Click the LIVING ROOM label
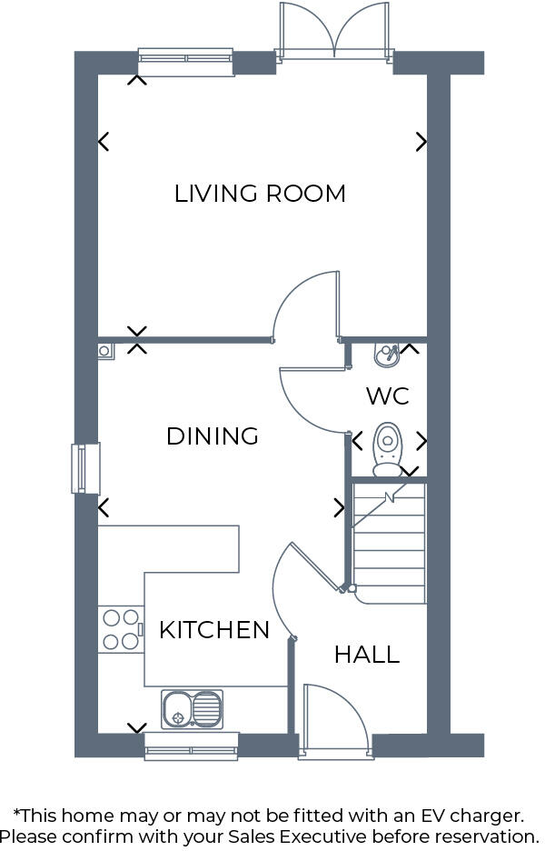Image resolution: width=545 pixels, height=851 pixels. pyautogui.click(x=260, y=194)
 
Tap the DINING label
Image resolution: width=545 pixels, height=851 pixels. pyautogui.click(x=213, y=436)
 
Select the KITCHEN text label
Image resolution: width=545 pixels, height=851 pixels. pyautogui.click(x=214, y=630)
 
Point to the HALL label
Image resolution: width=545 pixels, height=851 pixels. pyautogui.click(x=367, y=655)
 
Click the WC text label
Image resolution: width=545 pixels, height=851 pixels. pyautogui.click(x=388, y=396)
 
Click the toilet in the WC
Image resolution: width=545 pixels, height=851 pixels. pyautogui.click(x=388, y=450)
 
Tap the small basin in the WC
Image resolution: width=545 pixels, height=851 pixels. pyautogui.click(x=386, y=353)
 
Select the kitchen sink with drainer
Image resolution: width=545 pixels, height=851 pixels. pyautogui.click(x=192, y=709)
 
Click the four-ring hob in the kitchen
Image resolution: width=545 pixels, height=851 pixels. pyautogui.click(x=121, y=629)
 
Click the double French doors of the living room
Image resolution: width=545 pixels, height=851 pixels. pyautogui.click(x=335, y=33)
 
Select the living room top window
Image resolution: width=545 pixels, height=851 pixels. pyautogui.click(x=185, y=61)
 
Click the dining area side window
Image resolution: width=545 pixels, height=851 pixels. pyautogui.click(x=85, y=468)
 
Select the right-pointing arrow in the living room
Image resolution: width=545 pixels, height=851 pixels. pyautogui.click(x=421, y=141)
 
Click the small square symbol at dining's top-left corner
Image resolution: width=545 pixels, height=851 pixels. pyautogui.click(x=105, y=350)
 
